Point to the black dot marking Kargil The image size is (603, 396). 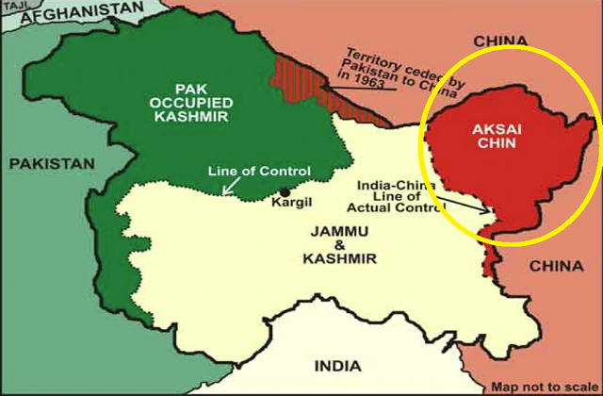tap(285, 191)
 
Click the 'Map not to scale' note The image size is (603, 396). tap(544, 387)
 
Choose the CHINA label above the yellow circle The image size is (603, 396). tap(499, 41)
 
